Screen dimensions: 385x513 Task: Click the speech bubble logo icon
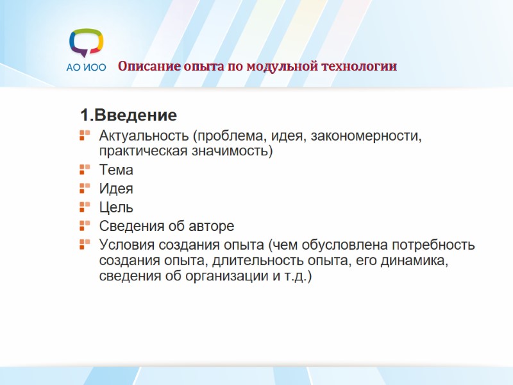click(x=86, y=43)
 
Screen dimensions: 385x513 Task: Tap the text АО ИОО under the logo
click(x=86, y=67)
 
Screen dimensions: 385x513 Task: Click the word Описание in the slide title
click(x=142, y=66)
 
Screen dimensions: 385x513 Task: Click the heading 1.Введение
click(x=128, y=116)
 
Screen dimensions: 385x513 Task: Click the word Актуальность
click(x=145, y=136)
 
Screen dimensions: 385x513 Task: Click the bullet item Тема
click(x=116, y=170)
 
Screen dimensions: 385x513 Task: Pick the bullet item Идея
click(x=116, y=189)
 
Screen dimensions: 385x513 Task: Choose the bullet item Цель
click(x=116, y=207)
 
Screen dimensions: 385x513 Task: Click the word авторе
click(x=212, y=226)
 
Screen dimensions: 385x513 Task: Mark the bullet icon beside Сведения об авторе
click(x=84, y=226)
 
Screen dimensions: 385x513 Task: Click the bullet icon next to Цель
click(x=84, y=207)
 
